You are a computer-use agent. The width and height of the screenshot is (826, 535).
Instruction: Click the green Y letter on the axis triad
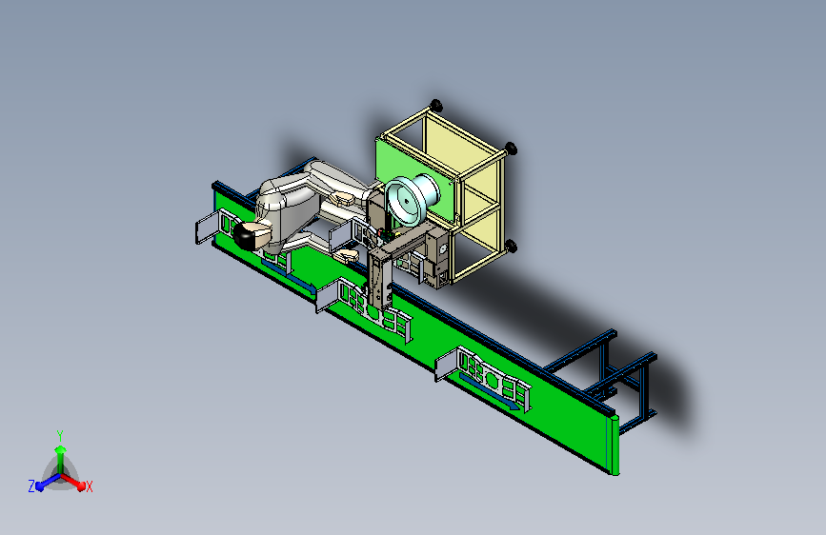[x=60, y=436]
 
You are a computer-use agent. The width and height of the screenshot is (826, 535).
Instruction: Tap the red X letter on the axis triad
[x=89, y=487]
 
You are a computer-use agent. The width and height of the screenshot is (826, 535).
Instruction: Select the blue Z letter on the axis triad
[x=31, y=486]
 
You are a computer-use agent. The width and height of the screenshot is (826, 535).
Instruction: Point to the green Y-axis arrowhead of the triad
[x=61, y=449]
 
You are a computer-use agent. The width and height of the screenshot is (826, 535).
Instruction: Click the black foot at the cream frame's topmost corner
[x=435, y=105]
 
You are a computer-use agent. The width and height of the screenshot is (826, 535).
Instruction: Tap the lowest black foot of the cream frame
[x=510, y=246]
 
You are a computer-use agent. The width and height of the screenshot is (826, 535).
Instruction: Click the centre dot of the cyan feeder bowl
[x=406, y=201]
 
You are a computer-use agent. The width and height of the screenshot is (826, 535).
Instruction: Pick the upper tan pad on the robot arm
[x=343, y=198]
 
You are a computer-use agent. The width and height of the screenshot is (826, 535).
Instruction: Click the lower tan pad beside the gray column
[x=347, y=256]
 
